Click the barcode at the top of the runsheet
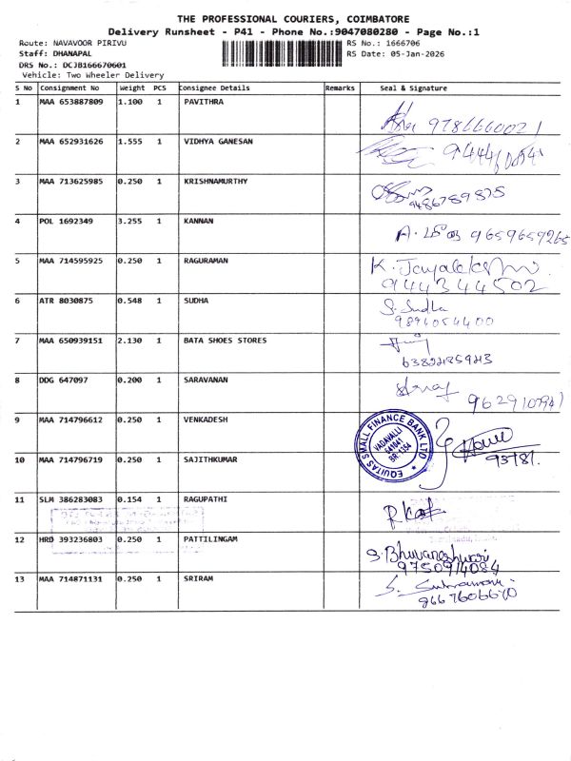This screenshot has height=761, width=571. pyautogui.click(x=283, y=53)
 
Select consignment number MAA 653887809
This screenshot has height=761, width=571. pyautogui.click(x=70, y=102)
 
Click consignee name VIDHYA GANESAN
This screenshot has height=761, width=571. pyautogui.click(x=218, y=142)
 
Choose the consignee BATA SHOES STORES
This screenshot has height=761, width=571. pyautogui.click(x=225, y=340)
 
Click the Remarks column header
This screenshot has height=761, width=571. pyautogui.click(x=340, y=88)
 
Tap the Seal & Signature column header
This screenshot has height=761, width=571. pyautogui.click(x=413, y=88)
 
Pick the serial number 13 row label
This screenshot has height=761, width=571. pyautogui.click(x=20, y=578)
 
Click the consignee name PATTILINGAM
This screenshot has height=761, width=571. pyautogui.click(x=211, y=538)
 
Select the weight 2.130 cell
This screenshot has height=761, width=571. pyautogui.click(x=129, y=340)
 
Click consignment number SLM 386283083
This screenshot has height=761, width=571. pyautogui.click(x=70, y=498)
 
